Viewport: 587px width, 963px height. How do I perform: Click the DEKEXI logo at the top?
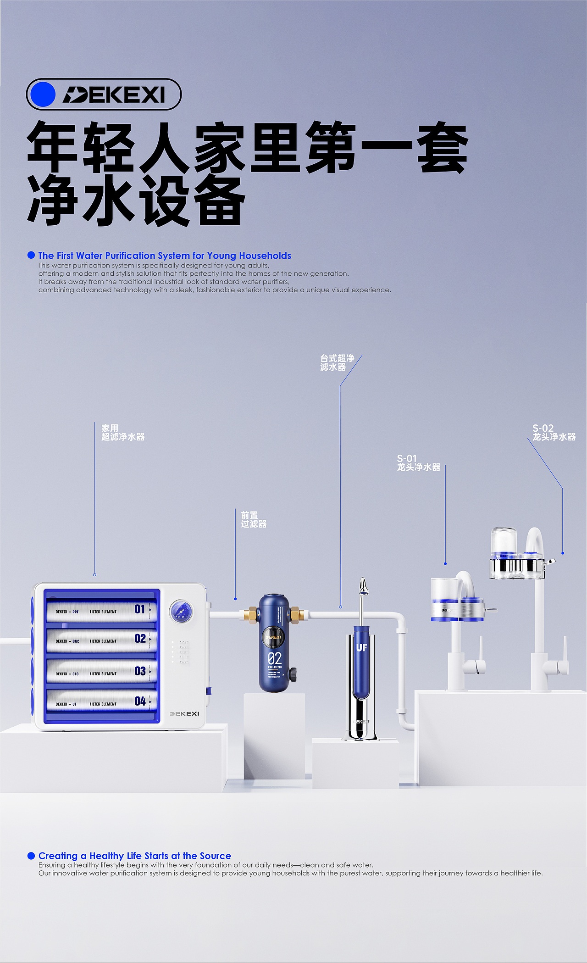coord(113,95)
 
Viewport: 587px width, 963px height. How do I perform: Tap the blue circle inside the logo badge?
coord(42,95)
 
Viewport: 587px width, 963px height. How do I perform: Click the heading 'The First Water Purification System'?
coord(164,256)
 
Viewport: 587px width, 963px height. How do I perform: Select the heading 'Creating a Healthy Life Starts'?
coord(134,856)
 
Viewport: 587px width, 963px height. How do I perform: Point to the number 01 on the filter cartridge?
coord(140,609)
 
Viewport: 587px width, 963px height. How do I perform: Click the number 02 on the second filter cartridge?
coord(140,639)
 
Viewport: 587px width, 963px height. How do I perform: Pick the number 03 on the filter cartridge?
coord(140,671)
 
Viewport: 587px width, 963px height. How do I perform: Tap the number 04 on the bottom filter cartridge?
coord(140,701)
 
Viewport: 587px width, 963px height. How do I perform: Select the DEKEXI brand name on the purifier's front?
coord(184,714)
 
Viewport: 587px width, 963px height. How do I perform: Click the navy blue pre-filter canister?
coord(274,642)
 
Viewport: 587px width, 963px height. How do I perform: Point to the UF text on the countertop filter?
coord(361,648)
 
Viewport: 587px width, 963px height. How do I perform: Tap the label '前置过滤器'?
coord(253,520)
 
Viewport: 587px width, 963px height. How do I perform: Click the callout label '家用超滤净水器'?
coord(122,433)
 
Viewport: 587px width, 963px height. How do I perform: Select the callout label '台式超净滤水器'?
coord(337,362)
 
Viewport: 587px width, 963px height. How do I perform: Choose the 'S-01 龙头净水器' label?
coord(418,463)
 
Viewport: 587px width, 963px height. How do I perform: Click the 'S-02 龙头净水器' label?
coord(554,433)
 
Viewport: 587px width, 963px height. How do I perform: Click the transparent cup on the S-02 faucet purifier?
coord(504,541)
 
